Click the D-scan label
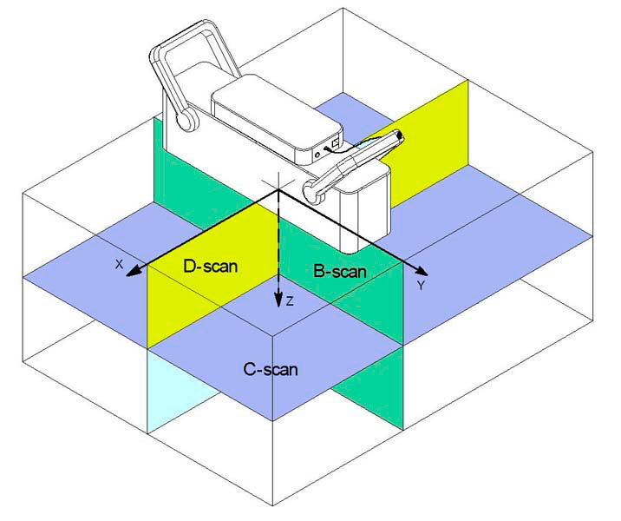pos(210,266)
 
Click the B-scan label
pos(340,272)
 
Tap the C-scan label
pos(271,370)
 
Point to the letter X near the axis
pos(119,264)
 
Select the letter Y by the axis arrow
pos(422,285)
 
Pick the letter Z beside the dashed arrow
pos(290,301)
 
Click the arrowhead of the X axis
pos(133,270)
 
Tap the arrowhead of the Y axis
pos(421,271)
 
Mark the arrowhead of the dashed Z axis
pos(278,300)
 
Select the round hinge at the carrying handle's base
pos(187,118)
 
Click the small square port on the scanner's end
pos(336,142)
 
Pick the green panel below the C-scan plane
pos(369,388)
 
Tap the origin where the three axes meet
pos(278,190)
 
